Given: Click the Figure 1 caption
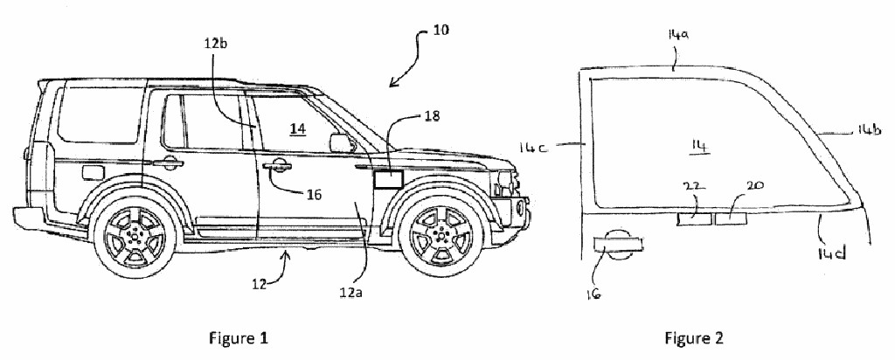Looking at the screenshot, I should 237,336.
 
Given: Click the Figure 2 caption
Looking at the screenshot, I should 693,336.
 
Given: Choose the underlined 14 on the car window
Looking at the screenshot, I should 298,128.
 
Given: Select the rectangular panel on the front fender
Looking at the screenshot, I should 387,180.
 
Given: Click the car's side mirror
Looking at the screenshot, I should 340,142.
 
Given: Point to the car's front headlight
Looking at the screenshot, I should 505,183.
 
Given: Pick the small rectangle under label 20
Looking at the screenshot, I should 731,217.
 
